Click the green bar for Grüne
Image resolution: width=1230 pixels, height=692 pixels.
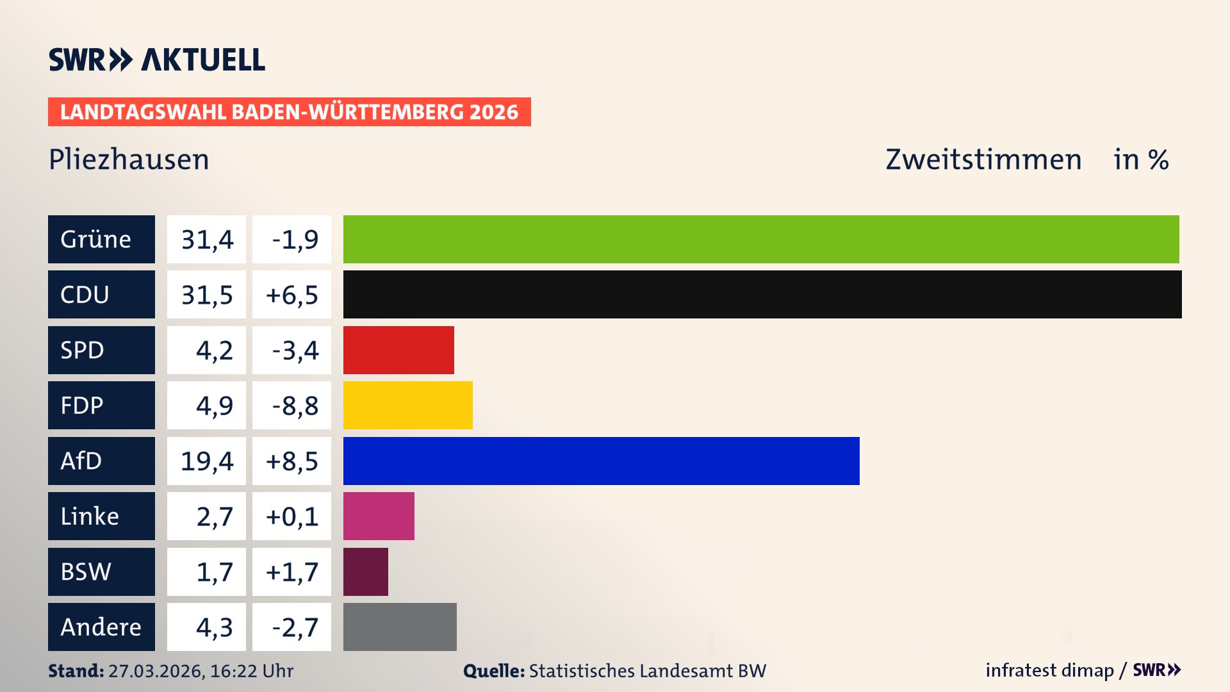coord(761,239)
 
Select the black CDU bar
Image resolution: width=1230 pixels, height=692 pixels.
coord(762,295)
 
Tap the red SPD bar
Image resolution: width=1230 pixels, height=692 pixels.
coord(398,350)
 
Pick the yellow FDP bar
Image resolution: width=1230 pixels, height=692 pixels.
coord(407,405)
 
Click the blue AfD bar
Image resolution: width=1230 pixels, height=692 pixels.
coord(601,461)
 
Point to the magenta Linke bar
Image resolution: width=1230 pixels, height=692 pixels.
coord(379,516)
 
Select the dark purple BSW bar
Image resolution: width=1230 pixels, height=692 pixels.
coord(365,572)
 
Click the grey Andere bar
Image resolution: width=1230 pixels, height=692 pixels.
coord(400,627)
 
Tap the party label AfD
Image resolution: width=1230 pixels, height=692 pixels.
coord(81,461)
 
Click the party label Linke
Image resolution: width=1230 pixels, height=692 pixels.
coord(90,516)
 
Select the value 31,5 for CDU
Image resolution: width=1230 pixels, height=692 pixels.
coord(206,295)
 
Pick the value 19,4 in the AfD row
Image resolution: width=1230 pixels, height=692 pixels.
coord(206,461)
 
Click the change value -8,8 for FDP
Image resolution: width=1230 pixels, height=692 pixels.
coord(294,405)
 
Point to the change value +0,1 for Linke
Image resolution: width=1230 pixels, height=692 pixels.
coord(292,516)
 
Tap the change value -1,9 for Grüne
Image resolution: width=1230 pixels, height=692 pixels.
coord(294,239)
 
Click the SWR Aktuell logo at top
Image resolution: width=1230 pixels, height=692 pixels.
coord(157,60)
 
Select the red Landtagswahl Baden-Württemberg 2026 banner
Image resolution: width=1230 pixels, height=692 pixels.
coord(289,112)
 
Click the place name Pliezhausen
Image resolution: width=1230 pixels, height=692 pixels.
coord(129,160)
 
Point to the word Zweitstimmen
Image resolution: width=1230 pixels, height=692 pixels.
coord(983,160)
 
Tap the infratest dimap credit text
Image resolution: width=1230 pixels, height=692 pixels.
coord(1049,670)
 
